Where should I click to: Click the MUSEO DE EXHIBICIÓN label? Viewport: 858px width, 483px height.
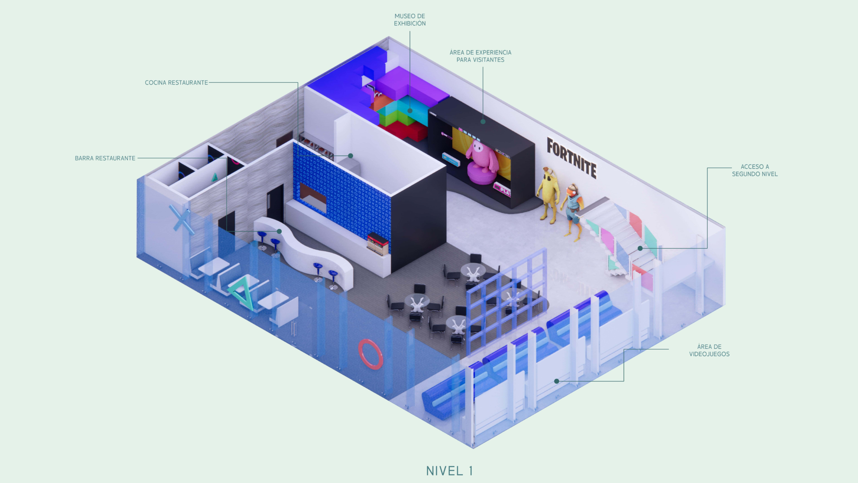(410, 20)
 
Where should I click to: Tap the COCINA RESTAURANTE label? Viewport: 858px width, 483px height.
(176, 82)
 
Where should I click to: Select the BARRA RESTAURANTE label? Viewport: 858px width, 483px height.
(105, 158)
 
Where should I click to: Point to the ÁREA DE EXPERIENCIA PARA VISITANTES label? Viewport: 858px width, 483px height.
(480, 56)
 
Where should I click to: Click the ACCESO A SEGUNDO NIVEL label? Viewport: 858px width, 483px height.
(755, 170)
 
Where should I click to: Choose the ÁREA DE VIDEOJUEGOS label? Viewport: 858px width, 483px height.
(709, 350)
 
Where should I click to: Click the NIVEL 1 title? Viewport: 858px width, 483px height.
(449, 471)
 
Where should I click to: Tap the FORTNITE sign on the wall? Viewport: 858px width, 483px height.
(572, 158)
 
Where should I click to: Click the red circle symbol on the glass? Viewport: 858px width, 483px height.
(370, 354)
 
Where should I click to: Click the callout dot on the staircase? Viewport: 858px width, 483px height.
(640, 248)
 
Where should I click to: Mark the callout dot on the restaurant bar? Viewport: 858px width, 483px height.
(280, 231)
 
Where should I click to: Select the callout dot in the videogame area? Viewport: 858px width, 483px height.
(556, 381)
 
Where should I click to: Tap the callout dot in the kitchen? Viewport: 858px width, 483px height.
(350, 156)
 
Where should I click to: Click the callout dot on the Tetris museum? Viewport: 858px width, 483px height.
(410, 111)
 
